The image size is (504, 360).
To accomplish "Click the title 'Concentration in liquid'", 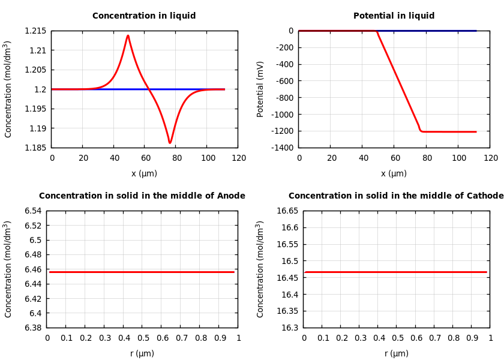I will click(144, 16).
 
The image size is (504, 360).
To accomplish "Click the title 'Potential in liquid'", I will click(394, 16).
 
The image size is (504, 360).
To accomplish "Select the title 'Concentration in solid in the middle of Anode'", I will click(142, 196).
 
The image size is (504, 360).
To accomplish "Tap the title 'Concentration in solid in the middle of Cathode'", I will click(396, 196).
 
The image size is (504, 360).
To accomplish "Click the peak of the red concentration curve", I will click(128, 36).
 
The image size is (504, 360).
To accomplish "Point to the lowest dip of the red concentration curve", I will click(170, 143).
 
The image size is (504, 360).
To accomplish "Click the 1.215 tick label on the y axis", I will click(35, 31).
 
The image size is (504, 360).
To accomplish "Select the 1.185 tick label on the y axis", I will click(35, 148).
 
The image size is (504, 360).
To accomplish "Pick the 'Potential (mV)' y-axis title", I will click(260, 89).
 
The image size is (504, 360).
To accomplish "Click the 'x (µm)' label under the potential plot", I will click(394, 174).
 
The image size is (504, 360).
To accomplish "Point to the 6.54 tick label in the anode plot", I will click(33, 211).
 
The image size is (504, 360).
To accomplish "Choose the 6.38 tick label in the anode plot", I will click(33, 328).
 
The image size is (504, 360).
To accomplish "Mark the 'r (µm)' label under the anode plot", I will click(142, 354).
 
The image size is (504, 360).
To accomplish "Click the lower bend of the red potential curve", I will click(421, 130).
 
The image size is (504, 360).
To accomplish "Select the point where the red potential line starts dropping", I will click(376, 31).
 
